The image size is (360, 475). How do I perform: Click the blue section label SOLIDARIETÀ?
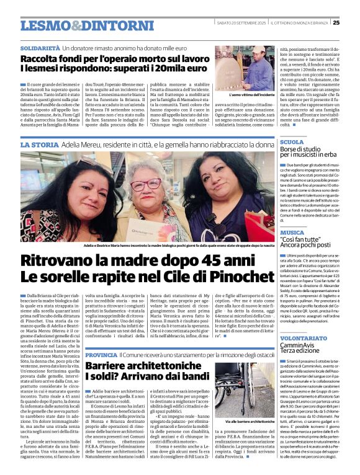point(40,47)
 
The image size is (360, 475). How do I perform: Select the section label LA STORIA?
point(40,144)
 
